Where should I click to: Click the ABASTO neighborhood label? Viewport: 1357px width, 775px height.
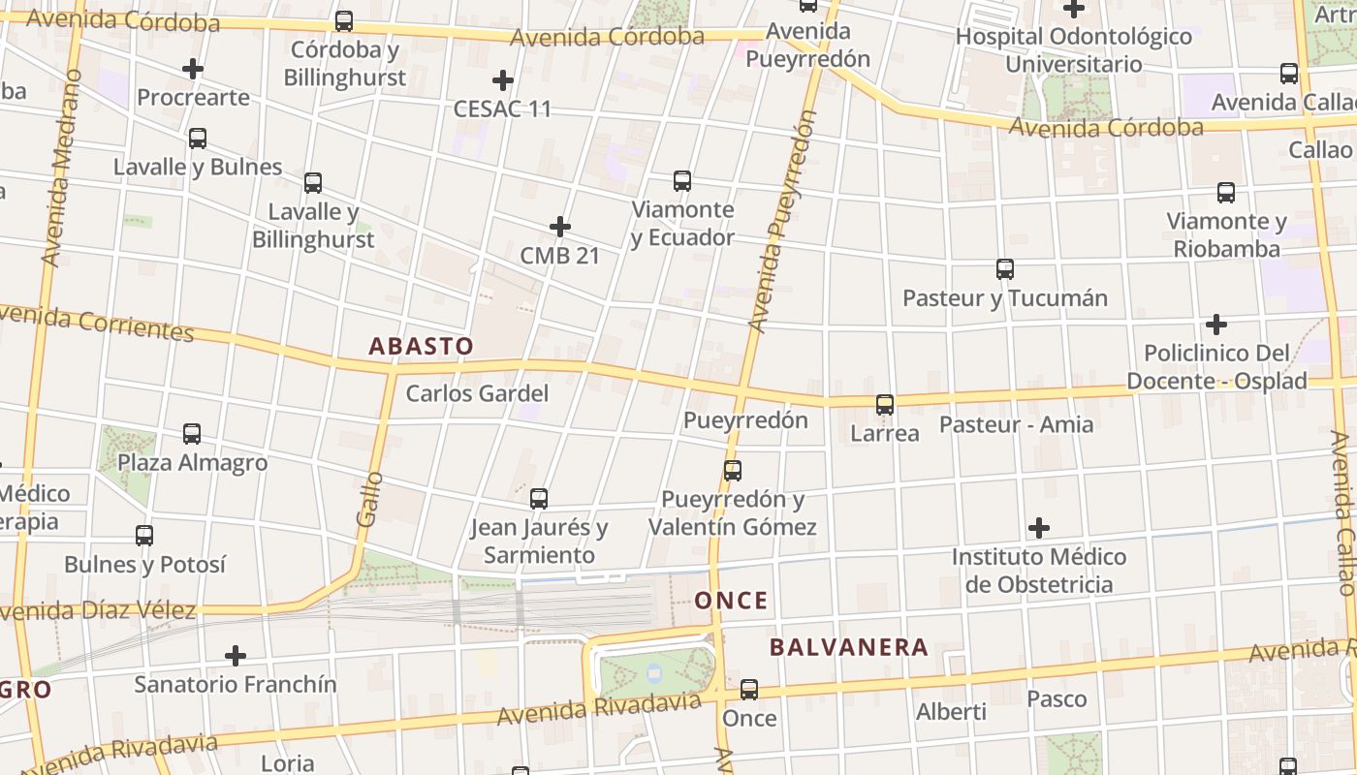pos(422,346)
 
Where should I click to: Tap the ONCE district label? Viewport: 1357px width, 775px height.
pos(732,601)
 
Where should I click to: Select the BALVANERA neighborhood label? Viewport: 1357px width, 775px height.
pos(849,647)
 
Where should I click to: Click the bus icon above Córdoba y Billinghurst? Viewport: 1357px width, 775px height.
pos(344,20)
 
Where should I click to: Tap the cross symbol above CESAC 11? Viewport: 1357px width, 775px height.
pos(502,79)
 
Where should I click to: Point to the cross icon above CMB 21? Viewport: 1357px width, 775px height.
pos(560,227)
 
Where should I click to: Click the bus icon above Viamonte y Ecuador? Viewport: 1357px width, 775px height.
pos(682,180)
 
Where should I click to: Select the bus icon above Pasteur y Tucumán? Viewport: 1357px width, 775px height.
pos(1005,268)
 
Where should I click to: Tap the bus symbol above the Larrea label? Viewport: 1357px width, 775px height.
pos(885,404)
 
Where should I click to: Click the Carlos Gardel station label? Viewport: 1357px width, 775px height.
pos(477,393)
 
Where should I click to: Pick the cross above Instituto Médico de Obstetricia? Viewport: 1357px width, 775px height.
pos(1039,528)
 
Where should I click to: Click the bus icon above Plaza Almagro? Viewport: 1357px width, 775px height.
pos(192,433)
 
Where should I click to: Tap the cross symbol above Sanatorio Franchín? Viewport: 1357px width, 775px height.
pos(236,656)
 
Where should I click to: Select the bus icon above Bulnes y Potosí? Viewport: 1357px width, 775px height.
pos(144,535)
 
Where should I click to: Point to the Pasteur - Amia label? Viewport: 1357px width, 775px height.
pos(1016,424)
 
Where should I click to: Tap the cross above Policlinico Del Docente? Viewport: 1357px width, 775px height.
pos(1216,324)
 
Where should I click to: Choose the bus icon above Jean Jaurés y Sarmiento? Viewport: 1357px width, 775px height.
pos(539,499)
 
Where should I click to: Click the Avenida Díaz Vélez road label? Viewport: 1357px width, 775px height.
pos(97,611)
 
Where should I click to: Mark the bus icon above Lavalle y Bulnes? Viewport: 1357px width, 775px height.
pos(198,138)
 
